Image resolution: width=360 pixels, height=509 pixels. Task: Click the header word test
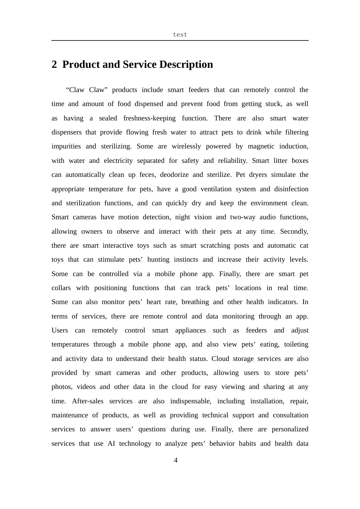180,34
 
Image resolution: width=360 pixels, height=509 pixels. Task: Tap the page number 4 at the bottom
175,460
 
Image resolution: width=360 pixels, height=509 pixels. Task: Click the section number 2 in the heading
54,64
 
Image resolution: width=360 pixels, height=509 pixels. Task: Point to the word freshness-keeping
149,118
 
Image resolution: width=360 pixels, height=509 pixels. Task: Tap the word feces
147,175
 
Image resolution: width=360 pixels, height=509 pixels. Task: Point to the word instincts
186,259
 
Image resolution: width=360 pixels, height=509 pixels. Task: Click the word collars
61,288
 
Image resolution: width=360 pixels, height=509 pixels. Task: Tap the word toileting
296,344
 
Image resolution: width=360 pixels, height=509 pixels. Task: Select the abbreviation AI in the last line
111,443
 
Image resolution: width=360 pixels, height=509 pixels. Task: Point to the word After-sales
88,401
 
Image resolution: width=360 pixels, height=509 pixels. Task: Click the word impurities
66,146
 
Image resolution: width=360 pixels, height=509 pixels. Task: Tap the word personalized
290,429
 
